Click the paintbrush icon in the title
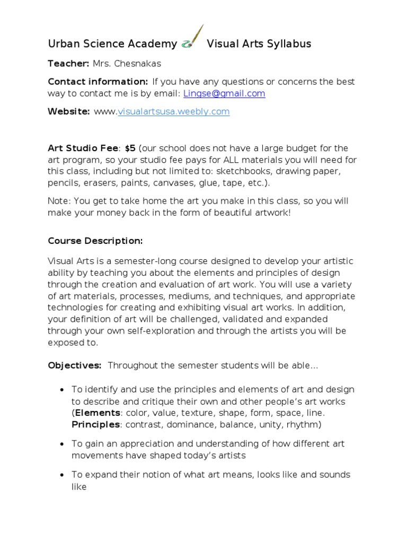coord(192,38)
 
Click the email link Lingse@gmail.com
coord(224,93)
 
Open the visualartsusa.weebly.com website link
coord(173,111)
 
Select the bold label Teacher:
coord(68,64)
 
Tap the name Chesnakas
coord(140,64)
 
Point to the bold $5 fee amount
coord(130,148)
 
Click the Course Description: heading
coord(95,241)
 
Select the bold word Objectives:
coord(75,366)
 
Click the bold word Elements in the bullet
coord(98,413)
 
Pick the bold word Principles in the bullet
coord(96,424)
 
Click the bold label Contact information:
coord(98,82)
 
